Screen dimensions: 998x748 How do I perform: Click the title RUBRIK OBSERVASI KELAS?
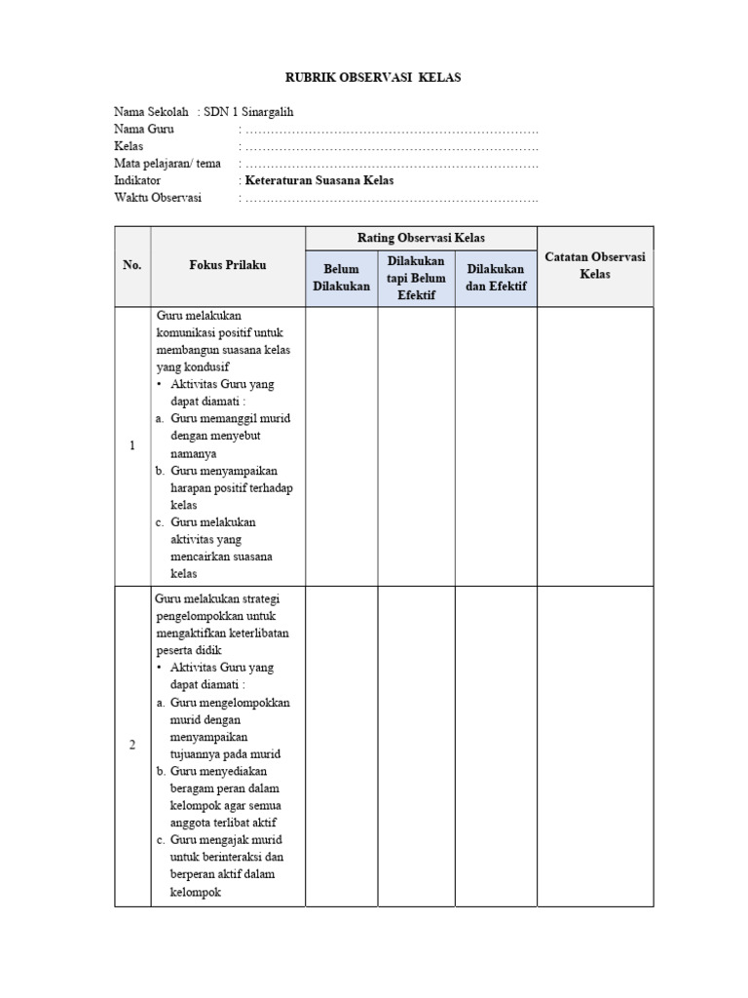click(373, 77)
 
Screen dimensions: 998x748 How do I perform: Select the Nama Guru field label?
click(144, 129)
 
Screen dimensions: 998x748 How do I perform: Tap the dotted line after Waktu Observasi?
click(391, 199)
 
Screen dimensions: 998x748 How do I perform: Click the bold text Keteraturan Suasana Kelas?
click(319, 180)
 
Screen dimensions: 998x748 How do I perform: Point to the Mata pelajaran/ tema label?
click(168, 163)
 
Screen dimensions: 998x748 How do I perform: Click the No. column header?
click(132, 265)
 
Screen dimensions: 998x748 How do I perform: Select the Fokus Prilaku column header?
click(228, 265)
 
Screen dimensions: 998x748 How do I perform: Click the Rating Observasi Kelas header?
click(421, 238)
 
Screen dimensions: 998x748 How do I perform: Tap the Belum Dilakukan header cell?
click(342, 278)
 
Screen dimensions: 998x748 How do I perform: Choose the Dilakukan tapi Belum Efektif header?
click(416, 278)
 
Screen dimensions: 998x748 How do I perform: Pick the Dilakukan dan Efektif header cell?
click(496, 278)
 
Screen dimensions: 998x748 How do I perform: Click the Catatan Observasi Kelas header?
click(595, 265)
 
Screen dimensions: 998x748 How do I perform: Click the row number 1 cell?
click(132, 445)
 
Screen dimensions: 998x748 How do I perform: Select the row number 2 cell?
click(132, 746)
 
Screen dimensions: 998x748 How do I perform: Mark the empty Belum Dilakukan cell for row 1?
click(342, 445)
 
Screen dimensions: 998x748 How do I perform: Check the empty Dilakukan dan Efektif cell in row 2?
click(496, 746)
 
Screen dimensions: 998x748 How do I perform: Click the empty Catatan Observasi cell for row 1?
click(595, 445)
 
